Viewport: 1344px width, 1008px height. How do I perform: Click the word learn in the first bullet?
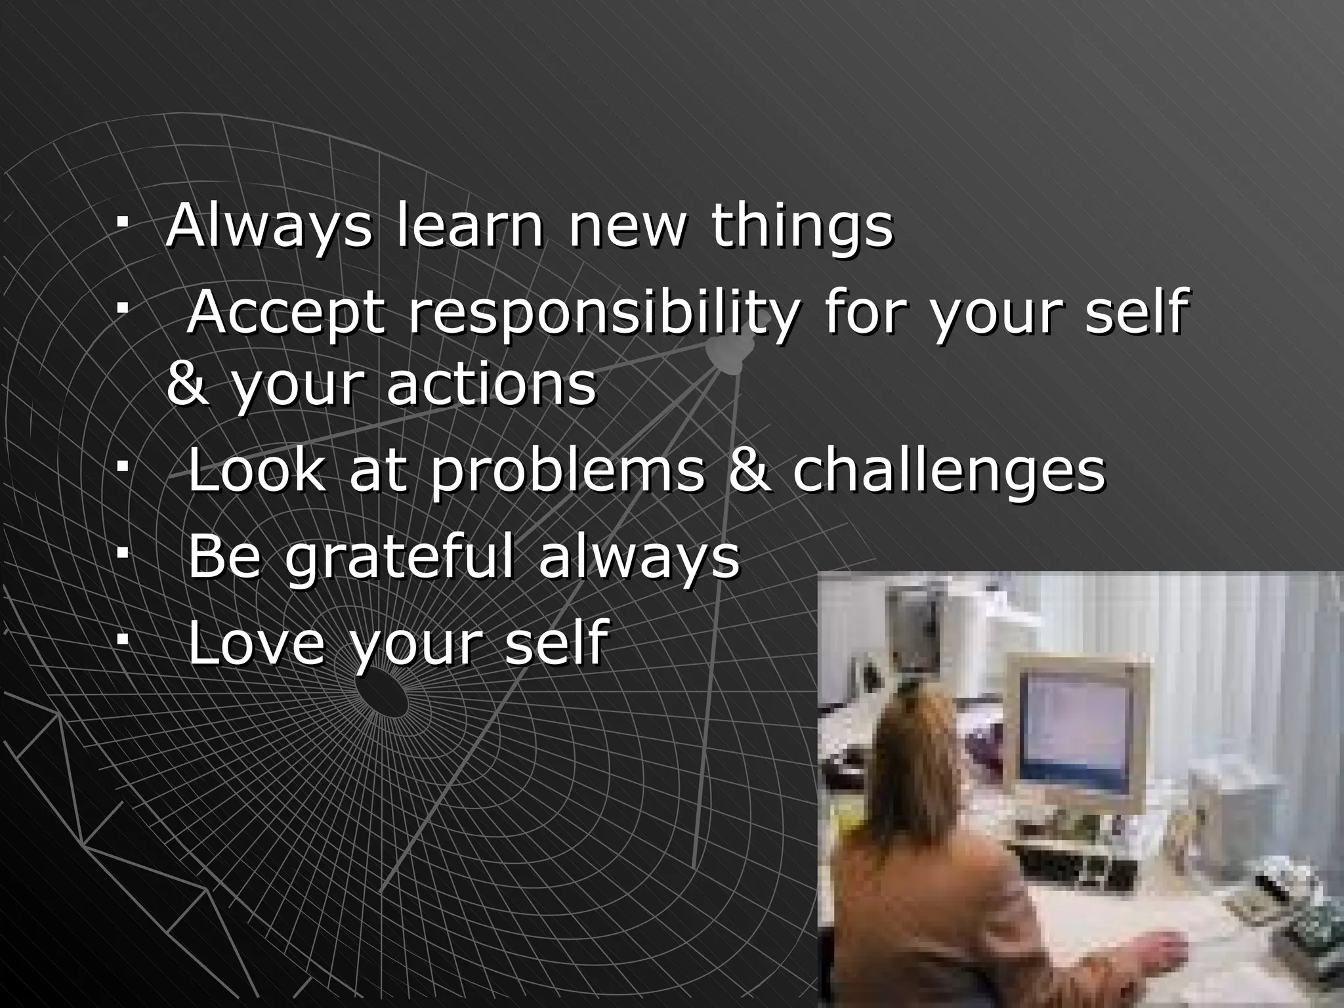point(470,226)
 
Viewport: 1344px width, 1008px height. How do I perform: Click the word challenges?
point(949,474)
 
